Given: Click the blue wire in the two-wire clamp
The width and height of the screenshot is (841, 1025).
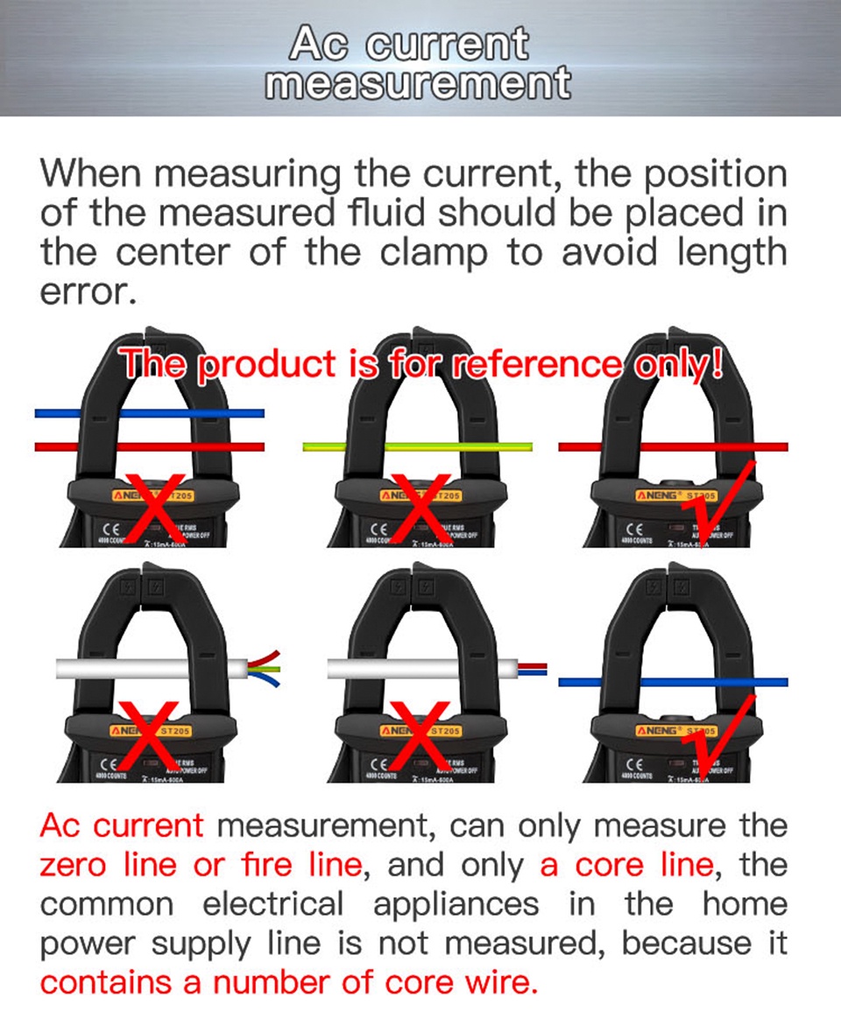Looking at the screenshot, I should (149, 413).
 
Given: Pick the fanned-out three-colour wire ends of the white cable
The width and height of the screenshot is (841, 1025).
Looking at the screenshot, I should (265, 669).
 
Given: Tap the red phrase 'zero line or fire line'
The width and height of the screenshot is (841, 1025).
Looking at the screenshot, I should (201, 865).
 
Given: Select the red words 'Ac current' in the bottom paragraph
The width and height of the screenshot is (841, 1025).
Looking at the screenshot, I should (121, 825).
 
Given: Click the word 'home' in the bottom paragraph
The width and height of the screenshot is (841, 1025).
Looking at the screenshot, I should (744, 904).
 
